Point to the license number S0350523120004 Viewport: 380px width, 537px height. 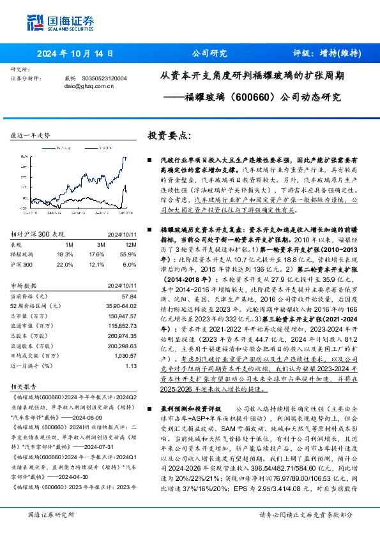point(105,78)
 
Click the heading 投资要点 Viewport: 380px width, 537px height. point(169,136)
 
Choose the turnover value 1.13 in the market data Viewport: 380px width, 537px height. point(132,365)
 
